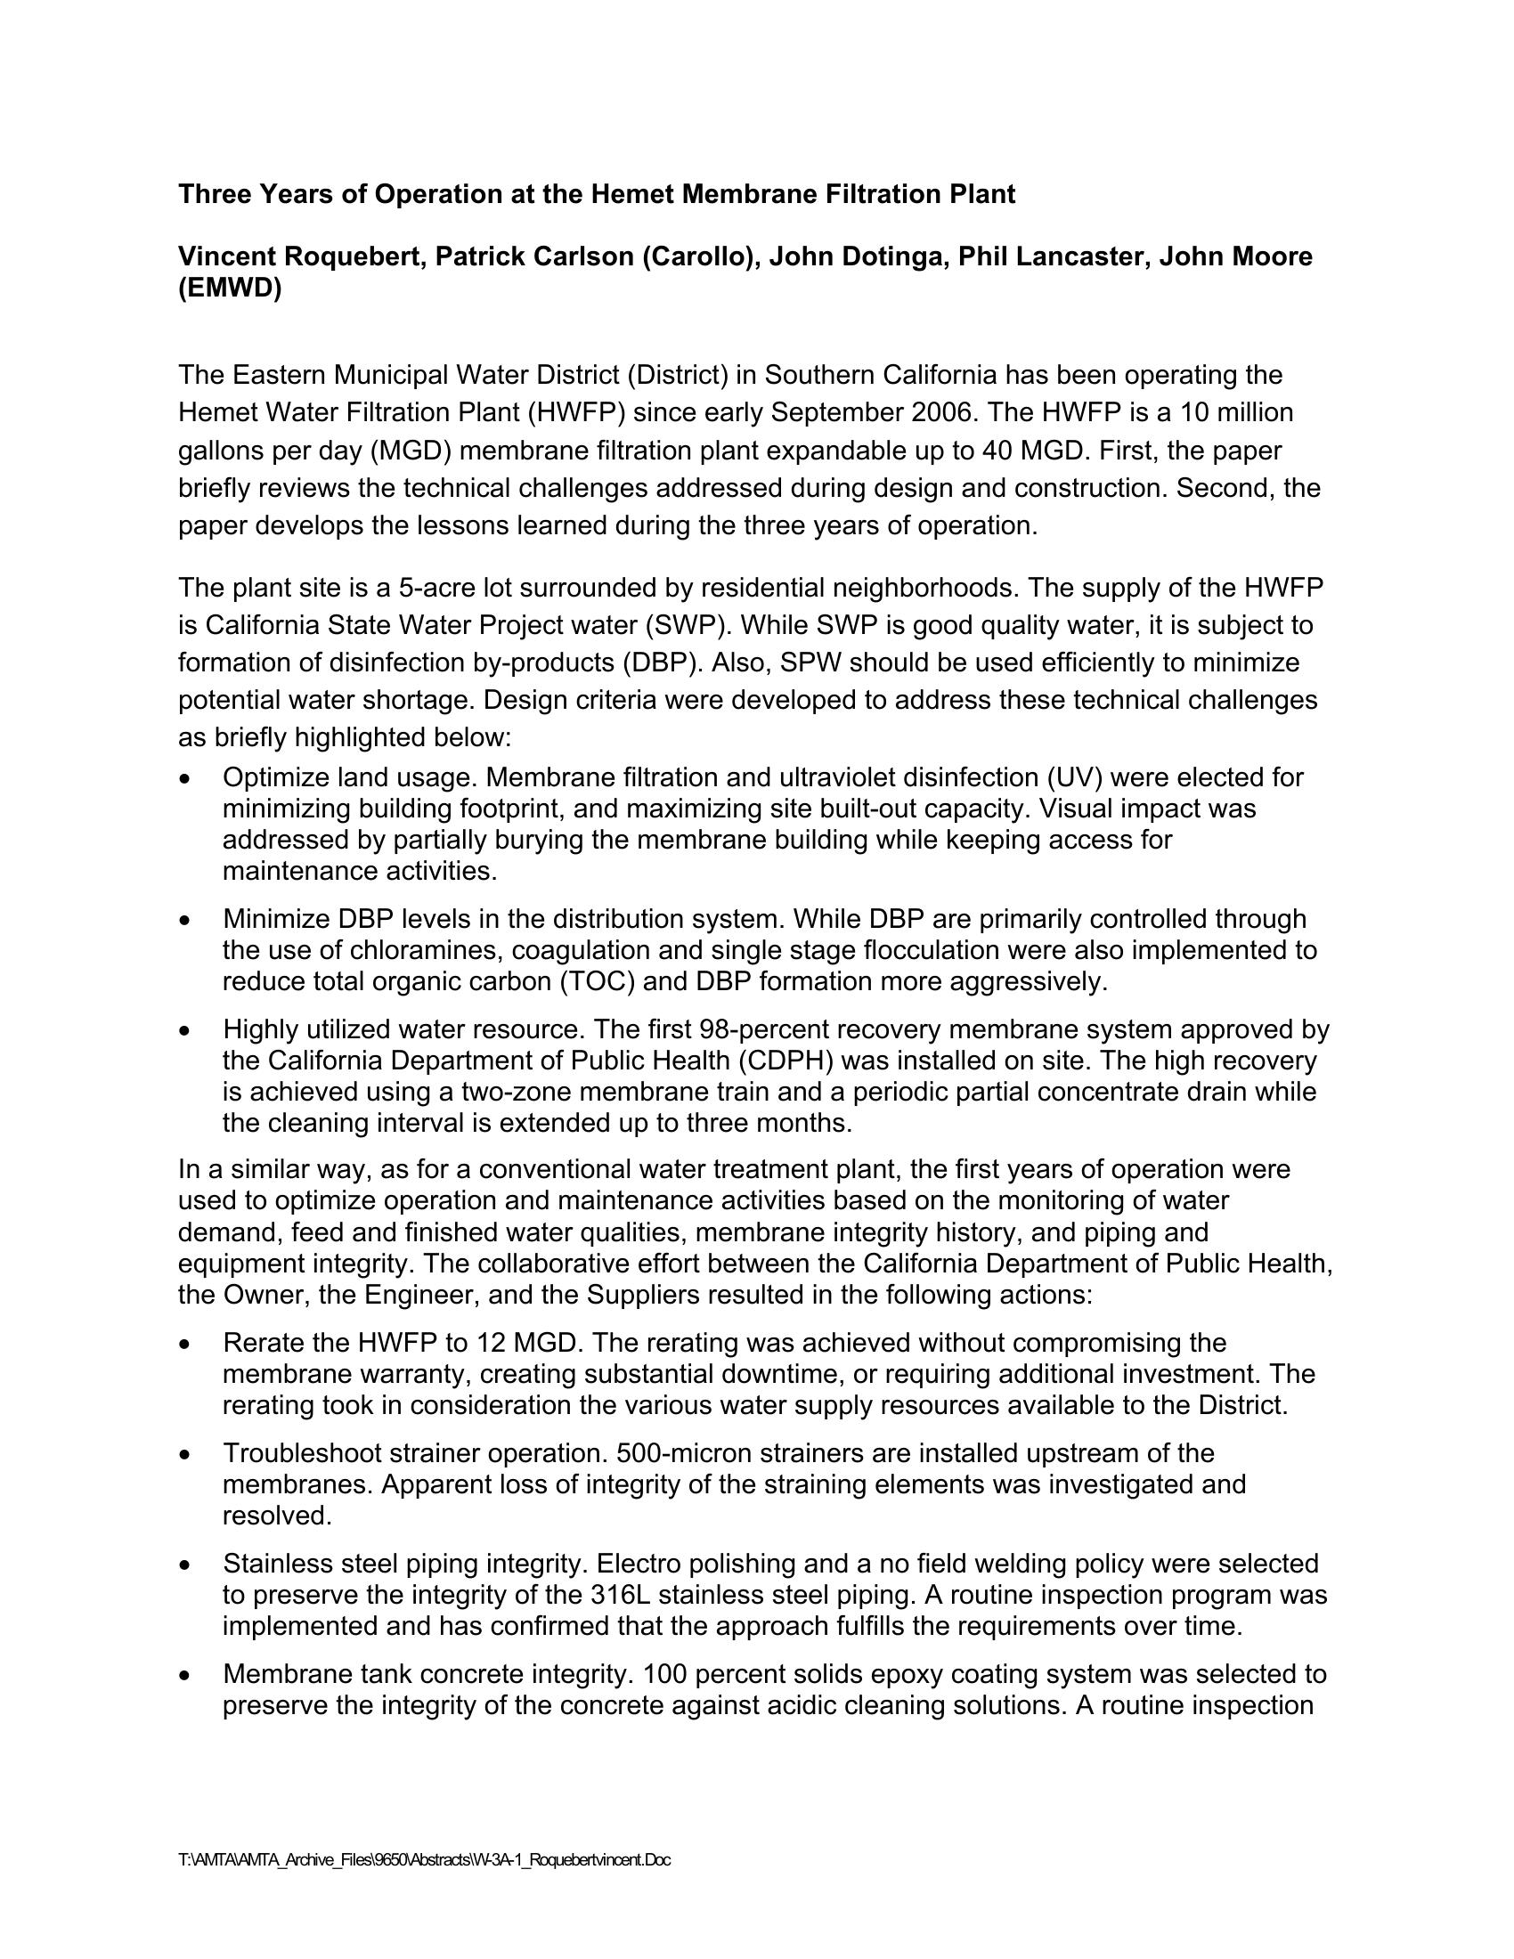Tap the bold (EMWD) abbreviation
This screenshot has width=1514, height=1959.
(230, 289)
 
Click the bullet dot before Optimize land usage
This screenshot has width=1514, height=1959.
(184, 778)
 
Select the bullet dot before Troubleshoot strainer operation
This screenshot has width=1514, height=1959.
(184, 1455)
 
